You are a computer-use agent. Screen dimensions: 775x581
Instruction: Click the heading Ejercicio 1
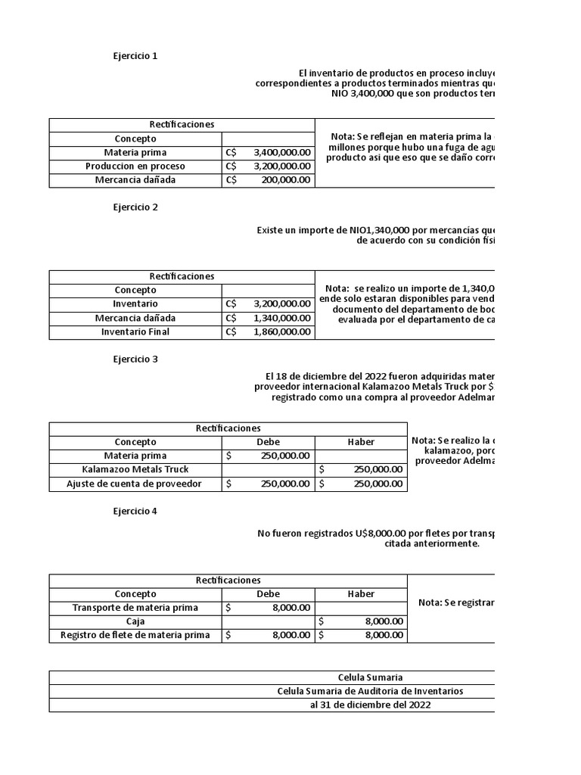coord(135,55)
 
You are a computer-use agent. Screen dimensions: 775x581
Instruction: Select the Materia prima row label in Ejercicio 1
coord(135,152)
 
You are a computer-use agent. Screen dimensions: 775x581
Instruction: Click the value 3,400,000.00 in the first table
coord(281,152)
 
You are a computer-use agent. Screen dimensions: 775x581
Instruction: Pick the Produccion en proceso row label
coord(135,166)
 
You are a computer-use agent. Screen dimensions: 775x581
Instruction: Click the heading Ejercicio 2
coord(135,207)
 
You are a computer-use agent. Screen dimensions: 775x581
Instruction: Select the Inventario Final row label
coord(135,331)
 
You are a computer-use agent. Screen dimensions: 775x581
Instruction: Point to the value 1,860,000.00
coord(281,331)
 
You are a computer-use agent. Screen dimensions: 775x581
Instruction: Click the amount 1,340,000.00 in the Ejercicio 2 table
coord(281,318)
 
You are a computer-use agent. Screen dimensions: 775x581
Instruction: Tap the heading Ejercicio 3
coord(135,359)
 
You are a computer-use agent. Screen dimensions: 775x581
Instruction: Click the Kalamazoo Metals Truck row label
coord(135,469)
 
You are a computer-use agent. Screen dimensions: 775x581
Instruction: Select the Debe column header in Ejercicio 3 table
coord(268,442)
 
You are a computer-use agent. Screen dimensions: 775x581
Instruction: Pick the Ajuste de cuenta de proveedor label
coord(135,484)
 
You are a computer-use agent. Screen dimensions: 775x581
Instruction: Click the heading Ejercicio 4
coord(135,512)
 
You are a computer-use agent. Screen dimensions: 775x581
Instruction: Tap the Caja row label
coord(135,621)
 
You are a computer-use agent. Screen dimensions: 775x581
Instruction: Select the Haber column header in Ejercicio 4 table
coord(361,594)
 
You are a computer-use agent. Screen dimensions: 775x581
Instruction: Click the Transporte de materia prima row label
coord(135,608)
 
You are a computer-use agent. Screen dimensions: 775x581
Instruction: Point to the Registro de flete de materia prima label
coord(135,636)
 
